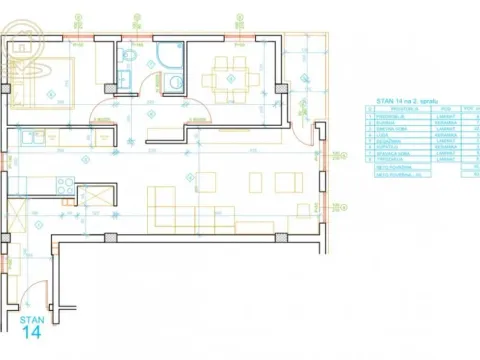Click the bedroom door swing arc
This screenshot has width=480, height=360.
[x=105, y=110]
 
